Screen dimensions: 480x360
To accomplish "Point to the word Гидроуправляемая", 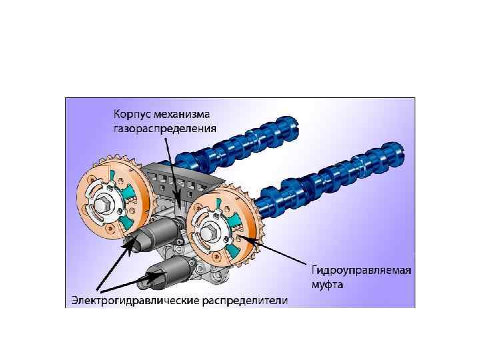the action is (361, 270).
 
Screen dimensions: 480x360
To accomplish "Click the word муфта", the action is (329, 284).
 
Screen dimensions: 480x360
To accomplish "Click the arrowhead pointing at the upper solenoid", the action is (129, 245).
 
